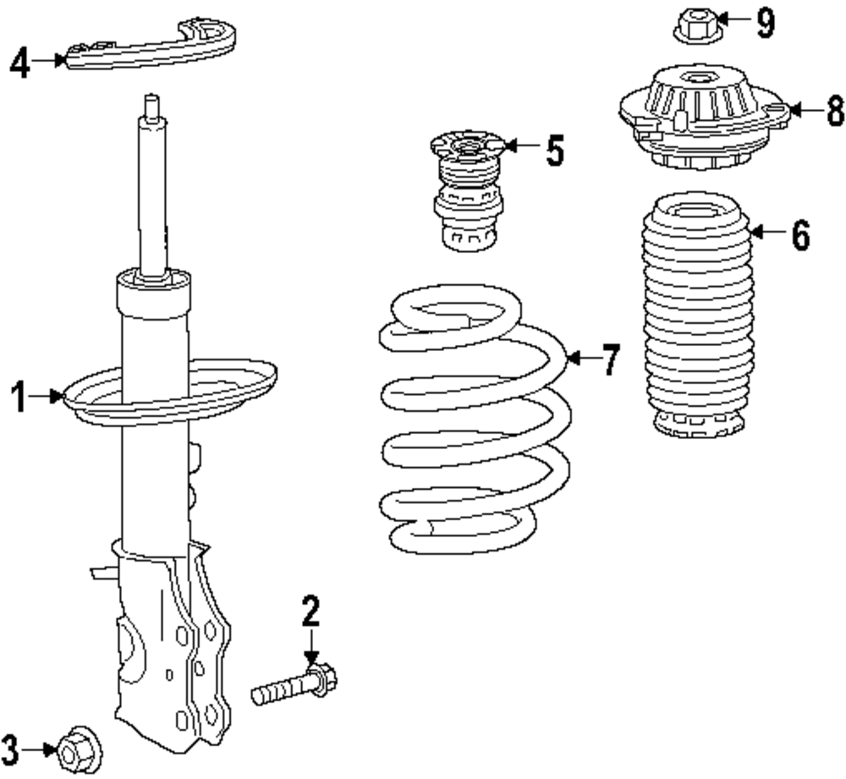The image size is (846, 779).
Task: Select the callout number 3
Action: (11, 748)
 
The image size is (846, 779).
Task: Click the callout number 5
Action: (554, 150)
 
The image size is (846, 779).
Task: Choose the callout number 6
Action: (800, 235)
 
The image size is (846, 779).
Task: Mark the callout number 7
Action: (611, 360)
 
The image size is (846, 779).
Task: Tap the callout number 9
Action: (765, 23)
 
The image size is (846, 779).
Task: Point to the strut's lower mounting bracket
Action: (173, 651)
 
